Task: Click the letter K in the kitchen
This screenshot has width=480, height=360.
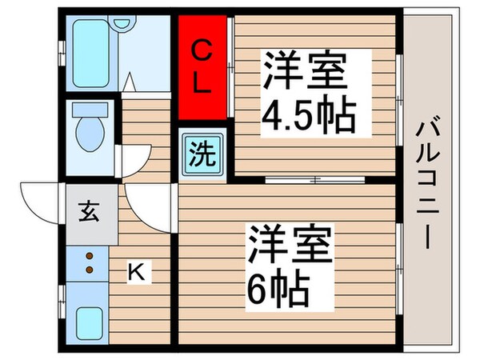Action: [138, 273]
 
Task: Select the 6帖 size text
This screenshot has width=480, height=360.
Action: [277, 285]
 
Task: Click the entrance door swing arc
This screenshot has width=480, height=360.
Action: [40, 202]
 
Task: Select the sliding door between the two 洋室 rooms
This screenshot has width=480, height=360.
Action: [316, 179]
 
